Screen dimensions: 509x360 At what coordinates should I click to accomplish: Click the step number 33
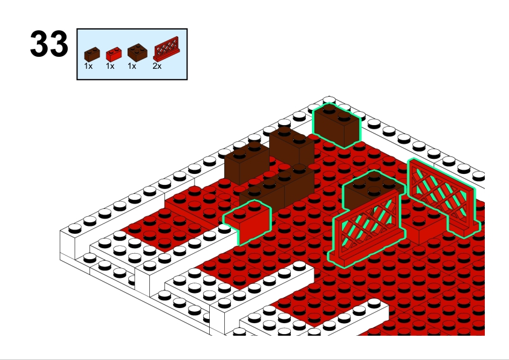click(49, 43)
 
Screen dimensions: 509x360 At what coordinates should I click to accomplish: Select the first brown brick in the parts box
click(92, 54)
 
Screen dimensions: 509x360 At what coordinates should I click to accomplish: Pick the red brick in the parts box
click(114, 54)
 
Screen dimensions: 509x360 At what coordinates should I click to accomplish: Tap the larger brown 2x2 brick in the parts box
click(137, 53)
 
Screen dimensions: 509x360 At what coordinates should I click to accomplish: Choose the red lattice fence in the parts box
click(166, 49)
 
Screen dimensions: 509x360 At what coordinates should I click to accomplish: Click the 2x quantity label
click(157, 66)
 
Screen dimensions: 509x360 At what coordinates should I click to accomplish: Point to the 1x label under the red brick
click(110, 66)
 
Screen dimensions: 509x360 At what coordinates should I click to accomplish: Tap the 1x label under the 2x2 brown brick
click(132, 66)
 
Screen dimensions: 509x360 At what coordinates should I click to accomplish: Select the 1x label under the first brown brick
click(88, 66)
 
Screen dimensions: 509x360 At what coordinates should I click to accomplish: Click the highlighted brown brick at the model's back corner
click(337, 125)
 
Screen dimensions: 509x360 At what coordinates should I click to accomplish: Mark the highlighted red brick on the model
click(248, 222)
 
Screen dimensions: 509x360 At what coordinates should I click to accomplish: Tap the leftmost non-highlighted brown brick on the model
click(247, 163)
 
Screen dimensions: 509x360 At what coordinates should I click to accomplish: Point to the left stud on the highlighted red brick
click(240, 213)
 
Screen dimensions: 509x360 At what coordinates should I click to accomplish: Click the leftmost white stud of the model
click(75, 228)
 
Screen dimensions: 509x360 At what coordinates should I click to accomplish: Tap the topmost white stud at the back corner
click(329, 99)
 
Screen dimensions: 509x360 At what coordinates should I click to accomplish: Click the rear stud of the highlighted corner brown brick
click(329, 108)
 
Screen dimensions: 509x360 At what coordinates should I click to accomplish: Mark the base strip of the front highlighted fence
click(367, 249)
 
